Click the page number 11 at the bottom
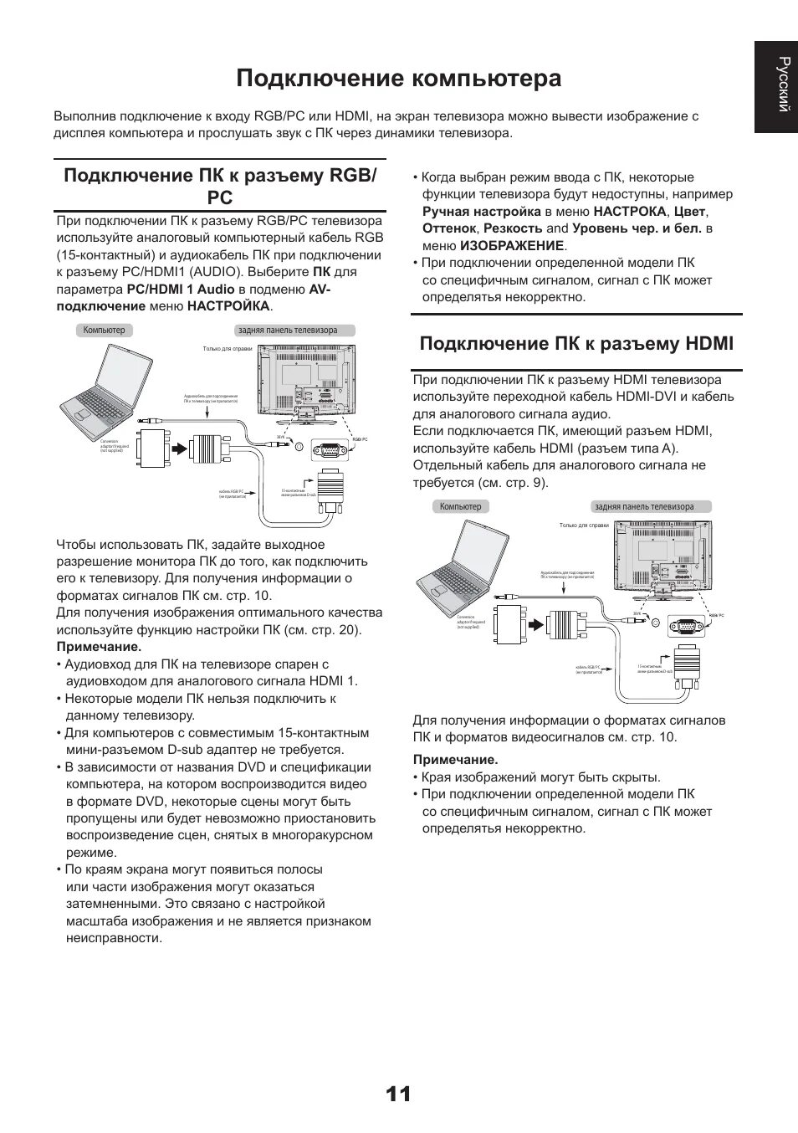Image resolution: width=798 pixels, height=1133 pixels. tap(399, 1094)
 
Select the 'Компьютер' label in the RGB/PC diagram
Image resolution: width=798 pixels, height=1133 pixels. tap(104, 331)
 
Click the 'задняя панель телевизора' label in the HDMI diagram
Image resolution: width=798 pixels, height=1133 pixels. tap(643, 507)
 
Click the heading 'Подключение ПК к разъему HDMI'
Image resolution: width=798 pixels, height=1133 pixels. tap(575, 344)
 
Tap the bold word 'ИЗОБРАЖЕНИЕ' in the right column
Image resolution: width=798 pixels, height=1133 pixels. tap(512, 246)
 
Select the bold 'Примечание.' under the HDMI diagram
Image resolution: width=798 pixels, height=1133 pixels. tap(455, 760)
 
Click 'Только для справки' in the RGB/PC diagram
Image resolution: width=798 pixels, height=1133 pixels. tap(228, 349)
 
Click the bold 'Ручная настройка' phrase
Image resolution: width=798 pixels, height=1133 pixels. tap(481, 212)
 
